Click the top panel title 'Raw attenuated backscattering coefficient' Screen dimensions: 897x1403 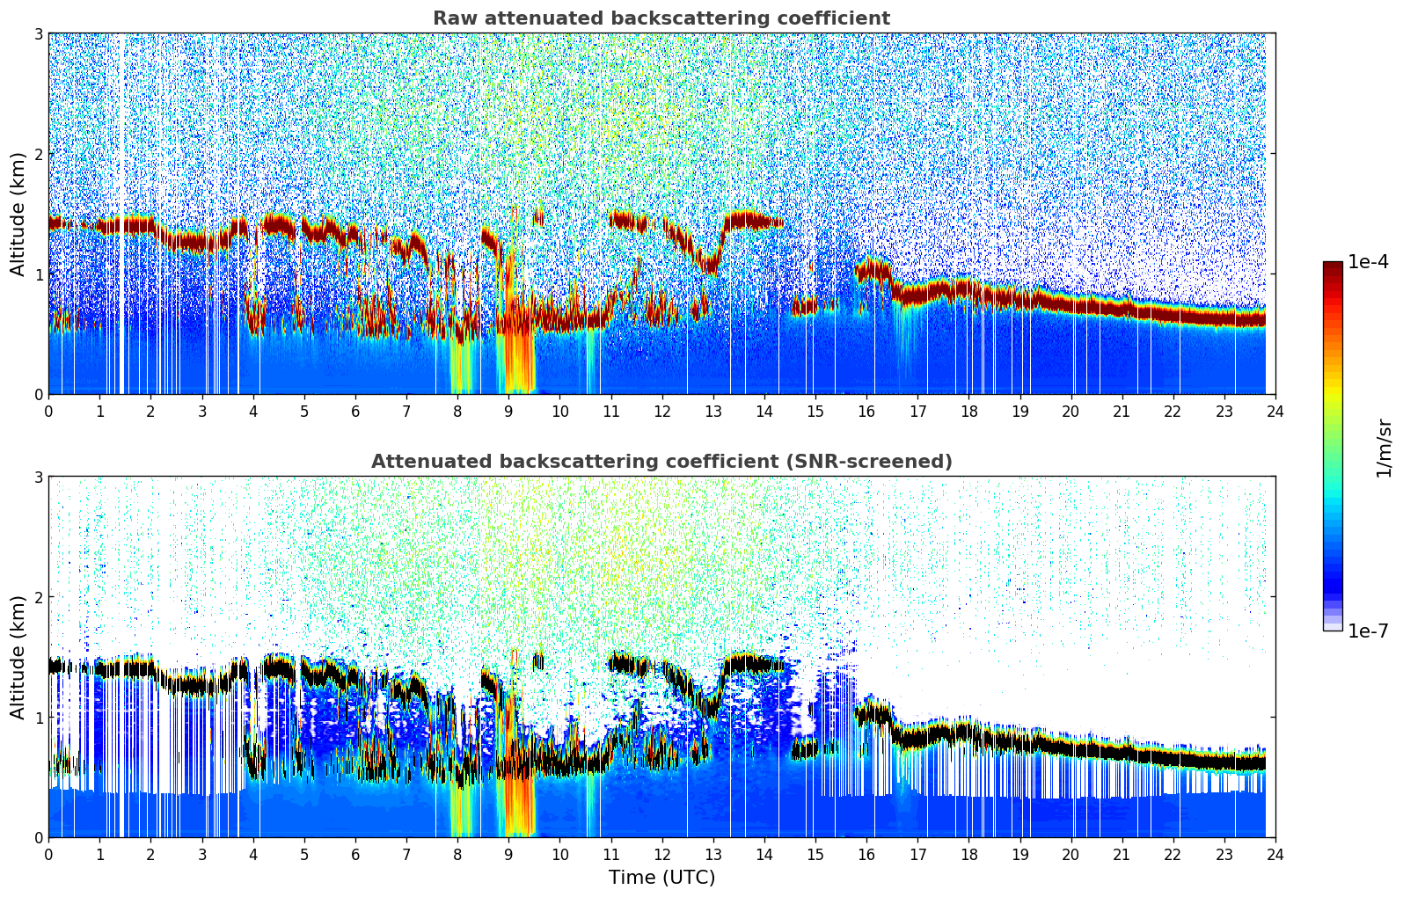click(x=661, y=18)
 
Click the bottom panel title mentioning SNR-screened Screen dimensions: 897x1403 click(x=661, y=462)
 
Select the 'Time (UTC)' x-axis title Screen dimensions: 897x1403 click(x=661, y=878)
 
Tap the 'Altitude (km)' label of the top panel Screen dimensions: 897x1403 click(x=18, y=214)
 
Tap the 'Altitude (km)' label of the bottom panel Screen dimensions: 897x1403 click(x=18, y=657)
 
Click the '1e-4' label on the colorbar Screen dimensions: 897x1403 click(x=1368, y=262)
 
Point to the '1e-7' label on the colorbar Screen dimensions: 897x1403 click(x=1368, y=631)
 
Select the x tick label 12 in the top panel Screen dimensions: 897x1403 click(x=661, y=411)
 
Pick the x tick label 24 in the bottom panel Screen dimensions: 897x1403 click(x=1275, y=854)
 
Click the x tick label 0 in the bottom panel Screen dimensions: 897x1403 click(x=48, y=854)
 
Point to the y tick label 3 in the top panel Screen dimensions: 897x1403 click(x=38, y=33)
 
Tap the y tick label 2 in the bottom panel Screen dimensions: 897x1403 click(x=38, y=597)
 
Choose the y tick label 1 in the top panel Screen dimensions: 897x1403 click(x=38, y=274)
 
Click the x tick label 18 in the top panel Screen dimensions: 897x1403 click(x=968, y=411)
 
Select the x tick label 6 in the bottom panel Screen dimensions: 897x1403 click(x=355, y=854)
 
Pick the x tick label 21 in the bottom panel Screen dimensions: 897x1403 click(x=1122, y=854)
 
